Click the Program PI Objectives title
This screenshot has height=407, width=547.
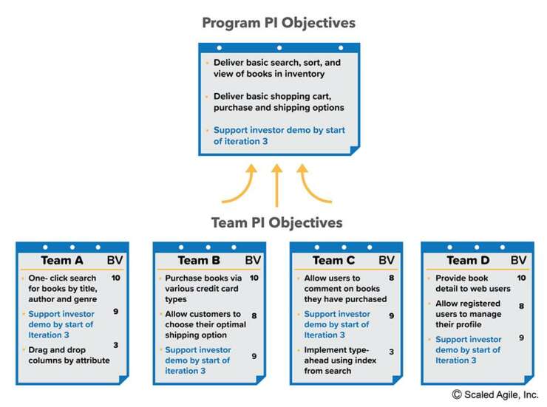point(279,23)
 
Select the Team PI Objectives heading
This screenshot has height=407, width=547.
point(276,222)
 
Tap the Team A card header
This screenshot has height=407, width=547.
point(62,260)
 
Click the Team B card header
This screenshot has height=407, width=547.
point(199,260)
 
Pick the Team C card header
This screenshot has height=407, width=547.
point(333,260)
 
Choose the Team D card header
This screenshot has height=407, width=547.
point(468,260)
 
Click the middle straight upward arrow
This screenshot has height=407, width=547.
point(276,185)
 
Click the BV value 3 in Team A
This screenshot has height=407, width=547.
point(115,345)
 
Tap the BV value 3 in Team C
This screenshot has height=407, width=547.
point(391,352)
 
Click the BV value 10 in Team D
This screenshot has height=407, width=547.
point(520,278)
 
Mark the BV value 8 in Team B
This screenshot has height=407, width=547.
point(254,315)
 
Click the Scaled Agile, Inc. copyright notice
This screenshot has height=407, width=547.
point(495,394)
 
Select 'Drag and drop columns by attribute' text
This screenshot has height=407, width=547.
point(69,355)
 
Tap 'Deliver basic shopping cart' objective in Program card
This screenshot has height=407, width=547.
point(279,102)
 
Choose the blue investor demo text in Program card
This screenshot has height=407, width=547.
point(279,136)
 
